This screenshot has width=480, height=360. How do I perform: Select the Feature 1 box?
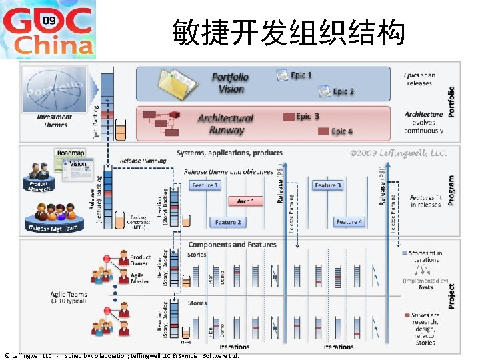tap(205, 185)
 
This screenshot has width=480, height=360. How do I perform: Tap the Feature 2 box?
tap(227, 222)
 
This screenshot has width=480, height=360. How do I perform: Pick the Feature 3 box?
tap(327, 185)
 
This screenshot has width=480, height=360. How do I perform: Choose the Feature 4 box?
tap(349, 222)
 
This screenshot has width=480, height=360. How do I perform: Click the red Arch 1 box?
tap(245, 201)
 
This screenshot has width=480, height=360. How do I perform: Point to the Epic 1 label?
tap(301, 75)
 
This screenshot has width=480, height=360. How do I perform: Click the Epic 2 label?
tap(343, 91)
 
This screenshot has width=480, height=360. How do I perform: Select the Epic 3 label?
tap(307, 117)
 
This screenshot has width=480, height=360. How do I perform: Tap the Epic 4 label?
tap(342, 132)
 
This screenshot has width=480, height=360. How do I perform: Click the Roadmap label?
tap(71, 153)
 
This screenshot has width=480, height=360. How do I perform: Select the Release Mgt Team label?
tap(53, 228)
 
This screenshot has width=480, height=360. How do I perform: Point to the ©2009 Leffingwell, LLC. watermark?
tap(398, 153)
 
